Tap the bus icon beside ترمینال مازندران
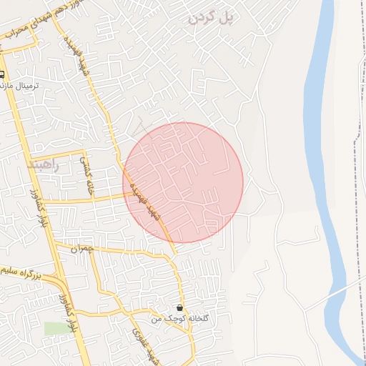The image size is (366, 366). tap(4, 74)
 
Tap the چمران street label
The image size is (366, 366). tap(84, 249)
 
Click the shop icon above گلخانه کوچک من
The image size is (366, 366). tap(178, 307)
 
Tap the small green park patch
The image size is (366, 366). tap(54, 328)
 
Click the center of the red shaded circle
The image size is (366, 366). tap(183, 183)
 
